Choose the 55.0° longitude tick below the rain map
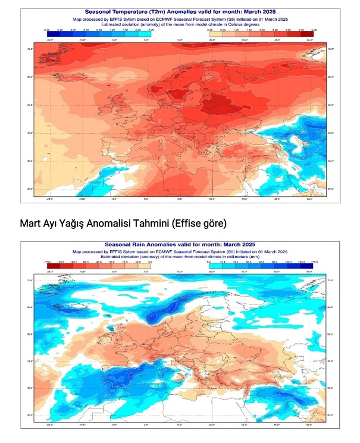pos(309,425)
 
